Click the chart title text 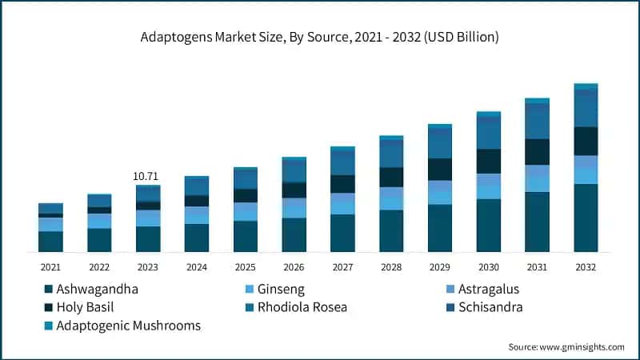(x=319, y=38)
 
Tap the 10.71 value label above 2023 (x=147, y=175)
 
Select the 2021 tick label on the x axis (x=50, y=266)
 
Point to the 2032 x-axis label (x=586, y=266)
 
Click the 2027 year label (x=342, y=266)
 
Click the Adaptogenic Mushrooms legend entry (x=128, y=326)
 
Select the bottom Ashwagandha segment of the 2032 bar (x=586, y=218)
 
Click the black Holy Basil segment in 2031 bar (x=537, y=152)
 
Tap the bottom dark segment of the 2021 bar (x=50, y=242)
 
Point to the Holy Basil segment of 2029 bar (x=439, y=170)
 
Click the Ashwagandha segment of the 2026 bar (x=294, y=234)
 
